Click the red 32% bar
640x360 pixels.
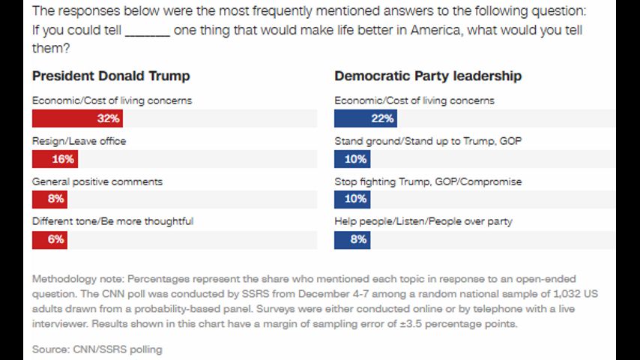pyautogui.click(x=76, y=118)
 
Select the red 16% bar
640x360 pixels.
pyautogui.click(x=55, y=159)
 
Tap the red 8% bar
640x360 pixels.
pyautogui.click(x=49, y=199)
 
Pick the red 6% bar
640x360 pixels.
pyautogui.click(x=49, y=239)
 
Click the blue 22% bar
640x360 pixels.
pyautogui.click(x=365, y=118)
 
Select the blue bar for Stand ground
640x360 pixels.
pyautogui.click(x=352, y=159)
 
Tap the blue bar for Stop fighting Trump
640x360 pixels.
pyautogui.click(x=352, y=199)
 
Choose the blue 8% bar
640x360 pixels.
pyautogui.click(x=352, y=239)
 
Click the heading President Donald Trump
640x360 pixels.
pyautogui.click(x=111, y=76)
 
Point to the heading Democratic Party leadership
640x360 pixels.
pyautogui.click(x=428, y=76)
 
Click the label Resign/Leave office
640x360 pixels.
pyautogui.click(x=79, y=141)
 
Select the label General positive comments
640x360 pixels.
pyautogui.click(x=97, y=181)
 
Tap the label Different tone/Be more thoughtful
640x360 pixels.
pyautogui.click(x=112, y=221)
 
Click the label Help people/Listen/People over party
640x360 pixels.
pyautogui.click(x=423, y=221)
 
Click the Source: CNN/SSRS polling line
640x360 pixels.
pyautogui.click(x=97, y=349)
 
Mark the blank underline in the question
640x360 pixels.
pyautogui.click(x=148, y=31)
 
